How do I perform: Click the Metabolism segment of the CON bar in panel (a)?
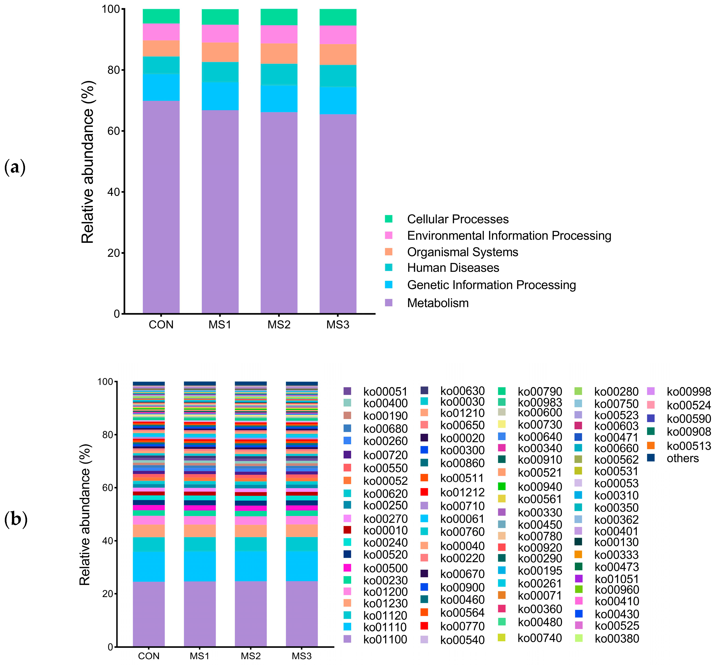(161, 207)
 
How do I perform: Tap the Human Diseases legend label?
(453, 268)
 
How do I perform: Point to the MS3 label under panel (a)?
(338, 325)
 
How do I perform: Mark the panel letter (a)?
(15, 168)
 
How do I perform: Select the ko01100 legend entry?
(385, 640)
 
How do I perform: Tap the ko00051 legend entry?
(385, 392)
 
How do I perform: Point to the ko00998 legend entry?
(689, 392)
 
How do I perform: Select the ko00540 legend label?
(462, 640)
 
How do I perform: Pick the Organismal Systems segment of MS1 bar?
(220, 52)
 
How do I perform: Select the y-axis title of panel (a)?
(88, 162)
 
